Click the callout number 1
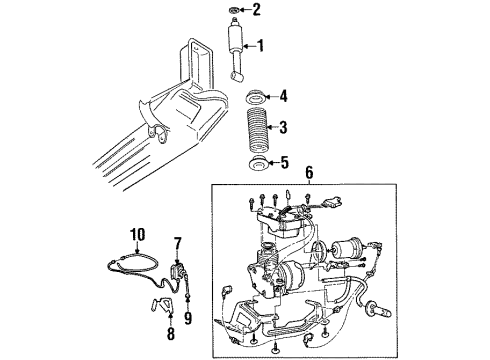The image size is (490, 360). pyautogui.click(x=261, y=44)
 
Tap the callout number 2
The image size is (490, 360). pyautogui.click(x=255, y=11)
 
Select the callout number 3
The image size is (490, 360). pyautogui.click(x=283, y=127)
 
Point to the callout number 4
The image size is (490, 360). pyautogui.click(x=283, y=97)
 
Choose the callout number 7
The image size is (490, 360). pyautogui.click(x=177, y=242)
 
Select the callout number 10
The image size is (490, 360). pyautogui.click(x=136, y=235)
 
